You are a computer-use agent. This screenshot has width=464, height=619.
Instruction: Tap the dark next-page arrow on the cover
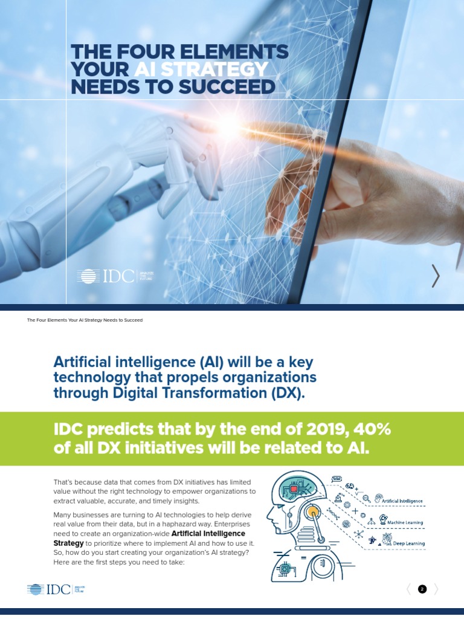436,276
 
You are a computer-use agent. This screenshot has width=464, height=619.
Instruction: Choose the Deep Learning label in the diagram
408,543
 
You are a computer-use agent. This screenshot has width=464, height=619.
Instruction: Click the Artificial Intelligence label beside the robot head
402,501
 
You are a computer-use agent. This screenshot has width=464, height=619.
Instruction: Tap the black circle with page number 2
422,589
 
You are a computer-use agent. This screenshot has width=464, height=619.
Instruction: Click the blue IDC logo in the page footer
48,589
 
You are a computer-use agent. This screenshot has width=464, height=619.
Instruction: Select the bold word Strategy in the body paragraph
68,543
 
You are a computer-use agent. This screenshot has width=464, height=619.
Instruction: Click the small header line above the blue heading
85,320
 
